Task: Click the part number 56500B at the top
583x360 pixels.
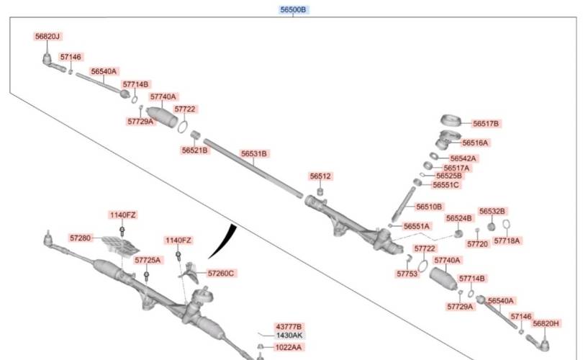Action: pyautogui.click(x=294, y=10)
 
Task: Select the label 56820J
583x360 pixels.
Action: pyautogui.click(x=48, y=36)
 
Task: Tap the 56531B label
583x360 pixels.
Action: pyautogui.click(x=254, y=154)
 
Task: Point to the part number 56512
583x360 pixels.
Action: pyautogui.click(x=321, y=176)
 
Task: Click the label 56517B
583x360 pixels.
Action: pyautogui.click(x=486, y=124)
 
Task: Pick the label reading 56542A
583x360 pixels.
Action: pyautogui.click(x=464, y=158)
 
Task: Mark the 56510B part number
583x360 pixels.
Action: pyautogui.click(x=429, y=207)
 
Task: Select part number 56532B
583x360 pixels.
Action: pyautogui.click(x=493, y=211)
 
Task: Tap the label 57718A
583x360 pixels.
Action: pyautogui.click(x=507, y=240)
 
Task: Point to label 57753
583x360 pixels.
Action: pyautogui.click(x=407, y=274)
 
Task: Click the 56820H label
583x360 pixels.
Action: pyautogui.click(x=546, y=323)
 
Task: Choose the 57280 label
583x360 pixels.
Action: pyautogui.click(x=81, y=238)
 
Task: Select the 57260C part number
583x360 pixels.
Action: pyautogui.click(x=221, y=274)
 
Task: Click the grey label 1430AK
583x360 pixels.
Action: pyautogui.click(x=289, y=336)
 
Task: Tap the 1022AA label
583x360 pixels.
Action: pyautogui.click(x=289, y=348)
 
